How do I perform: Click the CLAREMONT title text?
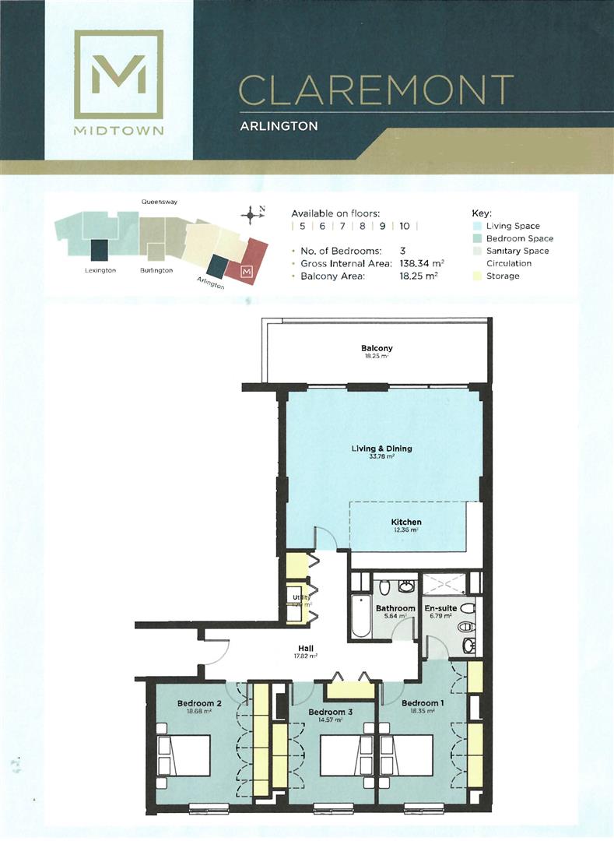(375, 90)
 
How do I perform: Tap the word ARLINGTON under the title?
(278, 125)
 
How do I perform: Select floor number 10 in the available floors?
(405, 226)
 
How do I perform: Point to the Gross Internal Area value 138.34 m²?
(422, 263)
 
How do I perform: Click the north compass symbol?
(250, 215)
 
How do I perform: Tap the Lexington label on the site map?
(100, 270)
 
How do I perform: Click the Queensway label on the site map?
(160, 202)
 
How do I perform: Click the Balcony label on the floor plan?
(376, 348)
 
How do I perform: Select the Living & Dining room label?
(381, 449)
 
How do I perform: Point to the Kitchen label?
(406, 522)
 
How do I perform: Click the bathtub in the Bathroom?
(359, 614)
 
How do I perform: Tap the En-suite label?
(440, 608)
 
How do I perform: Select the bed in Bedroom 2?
(184, 755)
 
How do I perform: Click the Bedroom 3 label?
(330, 712)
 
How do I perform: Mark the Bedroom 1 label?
(423, 703)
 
